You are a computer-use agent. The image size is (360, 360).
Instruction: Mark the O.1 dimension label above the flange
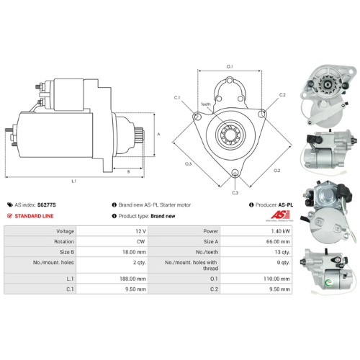[x=230, y=66]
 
